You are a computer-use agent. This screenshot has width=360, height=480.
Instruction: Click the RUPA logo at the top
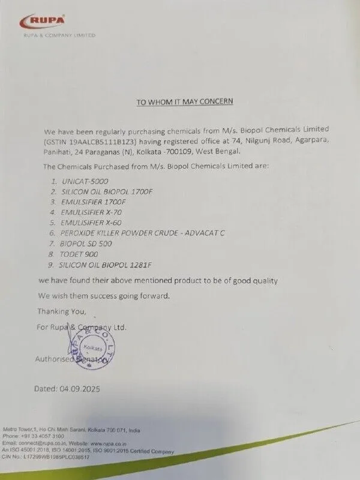tap(43, 22)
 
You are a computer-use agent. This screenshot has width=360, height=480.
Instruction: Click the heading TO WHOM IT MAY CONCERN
tap(184, 102)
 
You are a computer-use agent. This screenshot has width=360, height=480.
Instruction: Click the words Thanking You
tap(62, 311)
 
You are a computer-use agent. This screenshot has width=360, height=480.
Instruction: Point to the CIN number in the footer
tap(57, 457)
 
